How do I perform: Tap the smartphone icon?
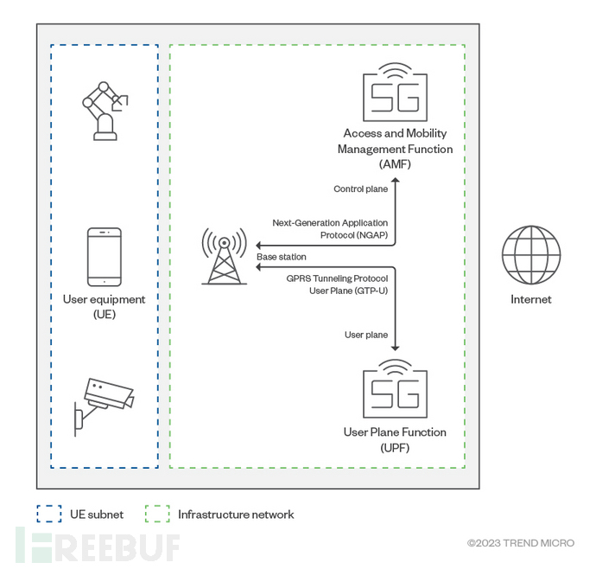(x=105, y=257)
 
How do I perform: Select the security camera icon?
(x=104, y=401)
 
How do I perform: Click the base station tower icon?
(x=223, y=255)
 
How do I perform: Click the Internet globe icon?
(x=531, y=256)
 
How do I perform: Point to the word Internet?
(x=531, y=300)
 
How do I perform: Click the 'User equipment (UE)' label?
(x=104, y=307)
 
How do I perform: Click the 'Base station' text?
(x=282, y=258)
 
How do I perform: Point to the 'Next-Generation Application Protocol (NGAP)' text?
(x=329, y=229)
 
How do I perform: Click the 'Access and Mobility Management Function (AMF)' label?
(x=397, y=149)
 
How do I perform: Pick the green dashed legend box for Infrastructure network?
(x=157, y=515)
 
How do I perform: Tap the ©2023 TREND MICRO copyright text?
(x=520, y=543)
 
